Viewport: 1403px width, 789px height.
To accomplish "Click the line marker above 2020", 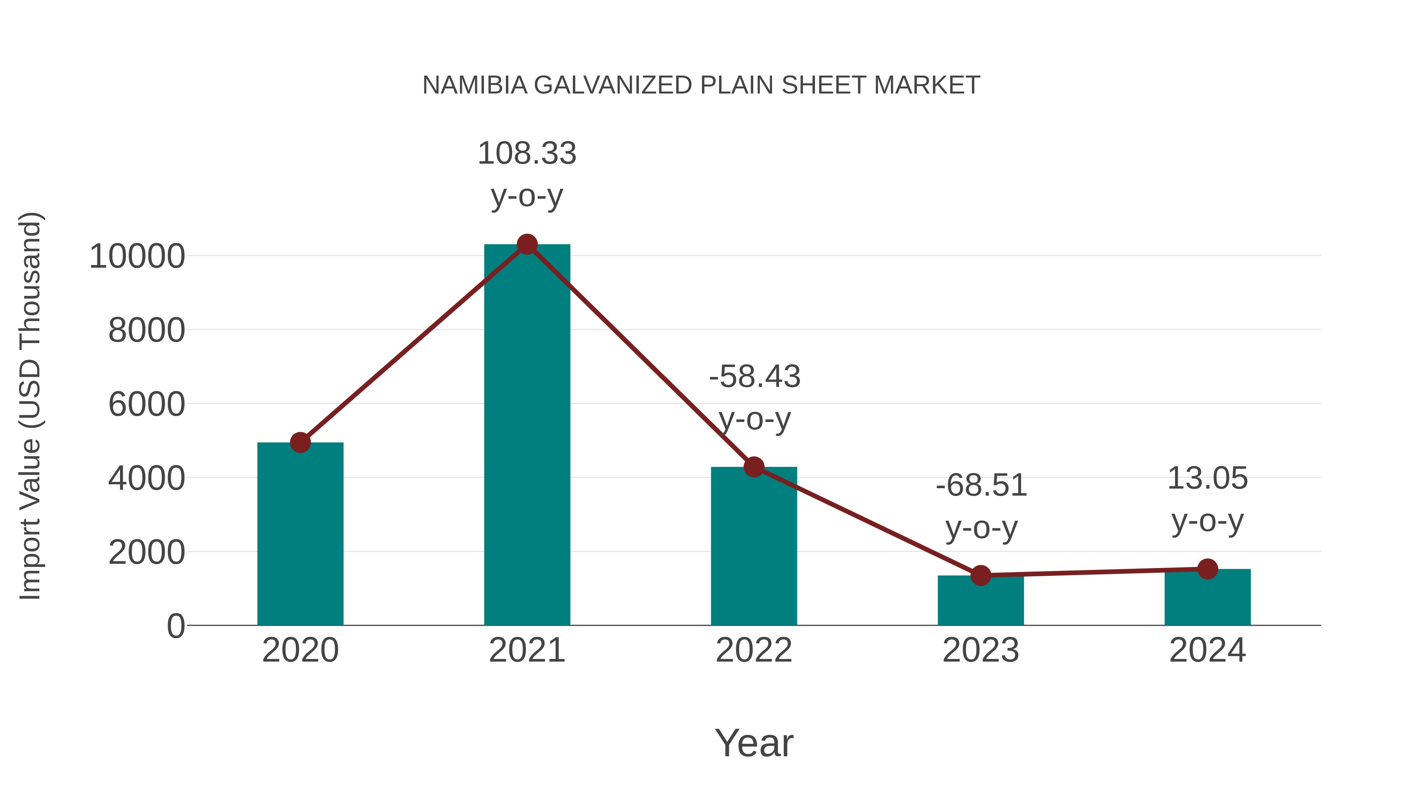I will pos(300,442).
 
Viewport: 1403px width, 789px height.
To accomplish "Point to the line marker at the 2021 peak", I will pos(527,244).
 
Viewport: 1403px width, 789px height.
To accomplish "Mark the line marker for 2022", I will pos(754,467).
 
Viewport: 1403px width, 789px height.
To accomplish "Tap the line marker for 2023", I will pos(981,575).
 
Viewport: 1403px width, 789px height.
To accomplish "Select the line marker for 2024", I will pos(1207,569).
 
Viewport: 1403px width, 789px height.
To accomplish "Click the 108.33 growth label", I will pos(527,154).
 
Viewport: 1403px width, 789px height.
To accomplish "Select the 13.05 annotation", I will pos(1207,478).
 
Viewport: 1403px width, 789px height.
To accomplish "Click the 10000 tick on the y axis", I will pos(137,256).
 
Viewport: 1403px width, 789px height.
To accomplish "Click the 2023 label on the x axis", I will pos(981,650).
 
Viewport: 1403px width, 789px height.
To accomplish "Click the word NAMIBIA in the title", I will pos(475,85).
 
